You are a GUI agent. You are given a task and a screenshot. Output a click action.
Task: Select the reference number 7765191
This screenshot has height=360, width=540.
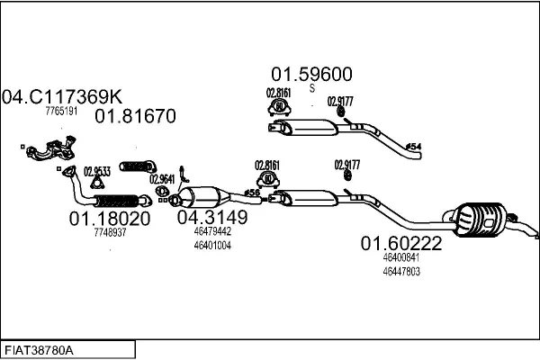click(x=62, y=112)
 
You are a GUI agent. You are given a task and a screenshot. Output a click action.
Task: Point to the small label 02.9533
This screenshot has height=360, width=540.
click(x=97, y=172)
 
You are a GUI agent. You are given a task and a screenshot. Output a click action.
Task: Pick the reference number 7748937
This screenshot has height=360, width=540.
click(x=110, y=232)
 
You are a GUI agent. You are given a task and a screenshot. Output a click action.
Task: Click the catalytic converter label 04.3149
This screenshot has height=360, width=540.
click(x=212, y=217)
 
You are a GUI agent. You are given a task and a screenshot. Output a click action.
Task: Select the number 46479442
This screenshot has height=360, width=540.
click(x=212, y=230)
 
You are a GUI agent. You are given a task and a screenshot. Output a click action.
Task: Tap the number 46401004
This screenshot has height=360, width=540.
click(x=212, y=244)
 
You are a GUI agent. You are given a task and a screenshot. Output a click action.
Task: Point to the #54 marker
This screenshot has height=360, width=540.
click(x=413, y=146)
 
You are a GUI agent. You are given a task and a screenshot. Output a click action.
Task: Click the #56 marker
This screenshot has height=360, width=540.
click(x=252, y=193)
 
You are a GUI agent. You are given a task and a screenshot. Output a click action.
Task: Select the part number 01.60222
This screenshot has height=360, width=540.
click(x=401, y=243)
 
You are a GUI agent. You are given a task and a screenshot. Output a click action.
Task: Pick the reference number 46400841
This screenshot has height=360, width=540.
click(x=401, y=257)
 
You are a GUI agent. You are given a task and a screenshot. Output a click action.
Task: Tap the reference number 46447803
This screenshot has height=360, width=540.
click(x=401, y=271)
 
